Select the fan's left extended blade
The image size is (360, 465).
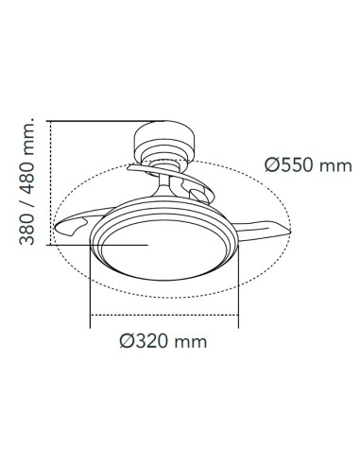(79, 223)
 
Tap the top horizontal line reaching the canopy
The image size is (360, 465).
(104, 121)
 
